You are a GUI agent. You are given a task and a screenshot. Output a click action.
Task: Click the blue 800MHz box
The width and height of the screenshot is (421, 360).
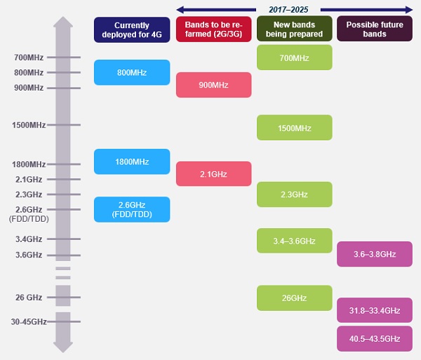(x=132, y=72)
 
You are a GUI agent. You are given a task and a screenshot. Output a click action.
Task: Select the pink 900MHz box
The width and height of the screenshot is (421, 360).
(x=213, y=84)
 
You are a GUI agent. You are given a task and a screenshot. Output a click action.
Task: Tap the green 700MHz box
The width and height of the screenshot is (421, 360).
(x=294, y=58)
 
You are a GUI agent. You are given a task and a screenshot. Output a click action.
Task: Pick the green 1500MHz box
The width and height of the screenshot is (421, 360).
(x=294, y=128)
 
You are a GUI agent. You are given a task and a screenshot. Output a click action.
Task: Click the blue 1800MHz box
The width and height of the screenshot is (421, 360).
(x=132, y=161)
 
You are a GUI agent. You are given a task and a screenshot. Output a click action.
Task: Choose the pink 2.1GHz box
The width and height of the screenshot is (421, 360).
(x=213, y=173)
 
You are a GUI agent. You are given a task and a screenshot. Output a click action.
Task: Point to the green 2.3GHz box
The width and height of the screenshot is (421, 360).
(x=294, y=194)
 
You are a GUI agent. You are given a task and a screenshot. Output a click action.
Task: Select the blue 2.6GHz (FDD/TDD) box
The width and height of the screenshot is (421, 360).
(x=132, y=209)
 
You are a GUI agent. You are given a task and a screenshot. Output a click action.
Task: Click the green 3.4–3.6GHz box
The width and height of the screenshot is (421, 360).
(x=294, y=241)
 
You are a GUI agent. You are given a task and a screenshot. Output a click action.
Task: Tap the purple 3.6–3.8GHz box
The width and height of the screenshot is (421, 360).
(x=375, y=254)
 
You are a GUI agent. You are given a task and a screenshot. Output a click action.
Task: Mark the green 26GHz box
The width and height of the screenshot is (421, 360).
(x=294, y=298)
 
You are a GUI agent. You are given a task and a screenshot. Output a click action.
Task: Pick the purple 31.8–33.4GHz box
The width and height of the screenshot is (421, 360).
(x=375, y=310)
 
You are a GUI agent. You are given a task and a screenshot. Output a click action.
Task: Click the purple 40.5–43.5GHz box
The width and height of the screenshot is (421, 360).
(x=375, y=338)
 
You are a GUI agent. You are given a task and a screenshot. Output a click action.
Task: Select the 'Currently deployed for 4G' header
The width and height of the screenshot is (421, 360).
(x=132, y=29)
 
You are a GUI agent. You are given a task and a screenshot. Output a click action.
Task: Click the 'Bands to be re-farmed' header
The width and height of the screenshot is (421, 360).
(x=213, y=29)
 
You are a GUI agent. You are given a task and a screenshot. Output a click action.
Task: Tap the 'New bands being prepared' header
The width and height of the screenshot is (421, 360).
(x=294, y=29)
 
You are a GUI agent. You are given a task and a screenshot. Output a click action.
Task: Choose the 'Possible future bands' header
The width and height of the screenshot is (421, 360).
(x=375, y=29)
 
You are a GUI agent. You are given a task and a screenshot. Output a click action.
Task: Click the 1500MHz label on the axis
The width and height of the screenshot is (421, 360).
(x=29, y=125)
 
